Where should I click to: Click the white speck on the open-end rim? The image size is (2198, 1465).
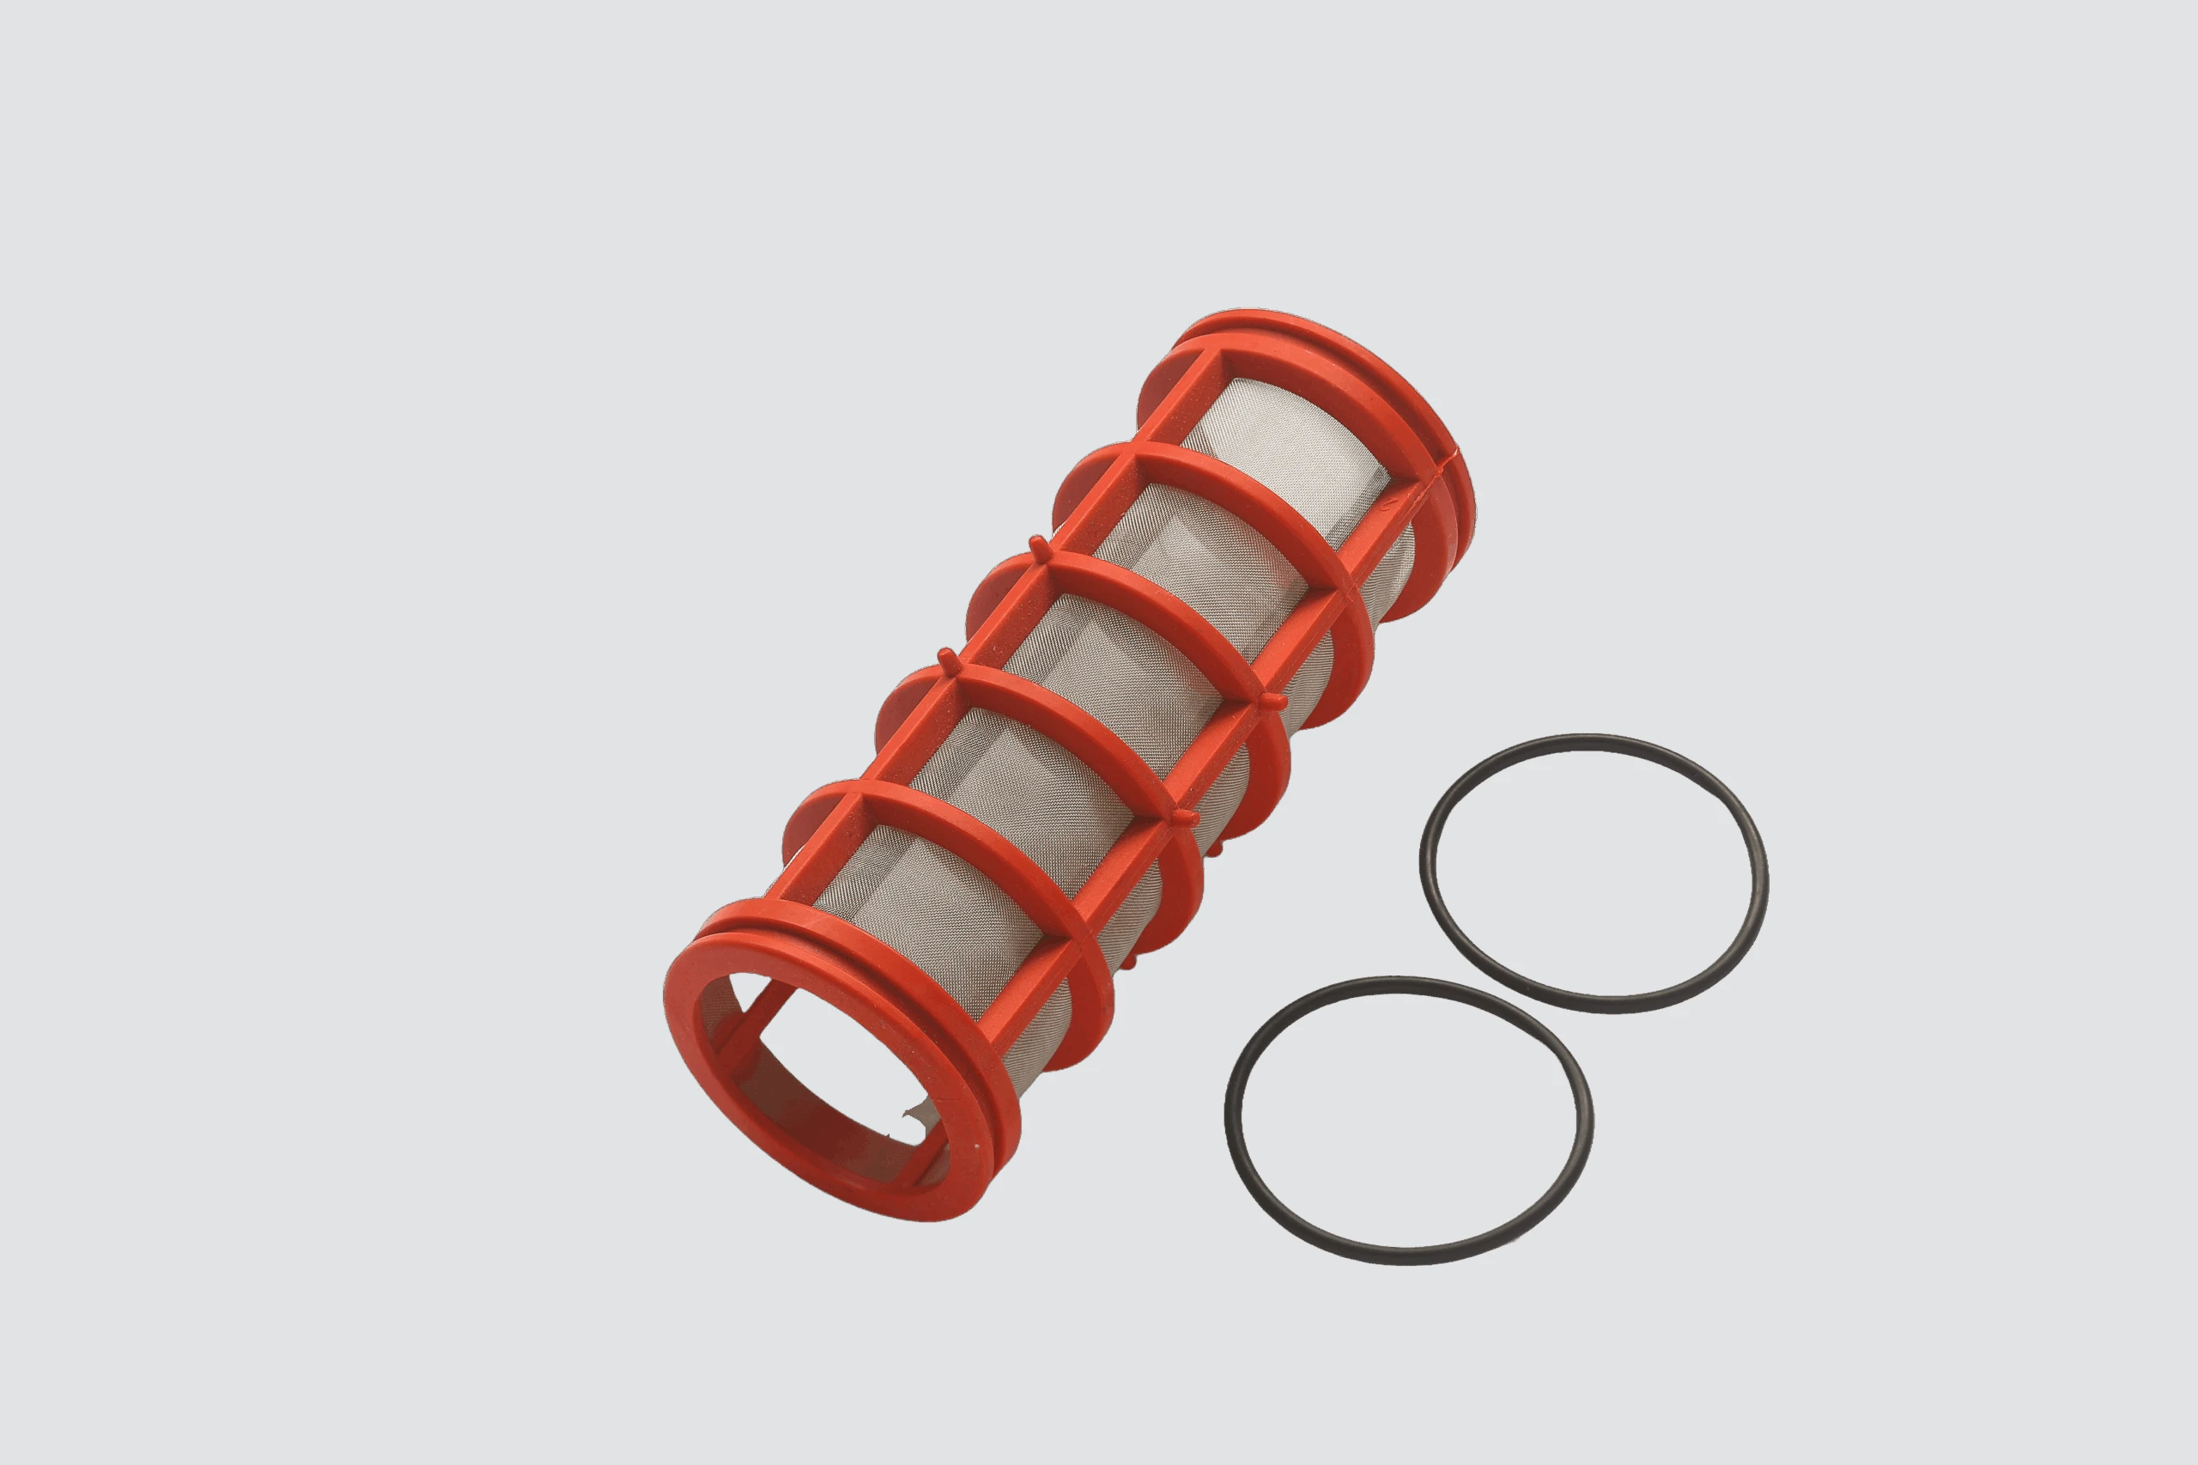click(977, 1147)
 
